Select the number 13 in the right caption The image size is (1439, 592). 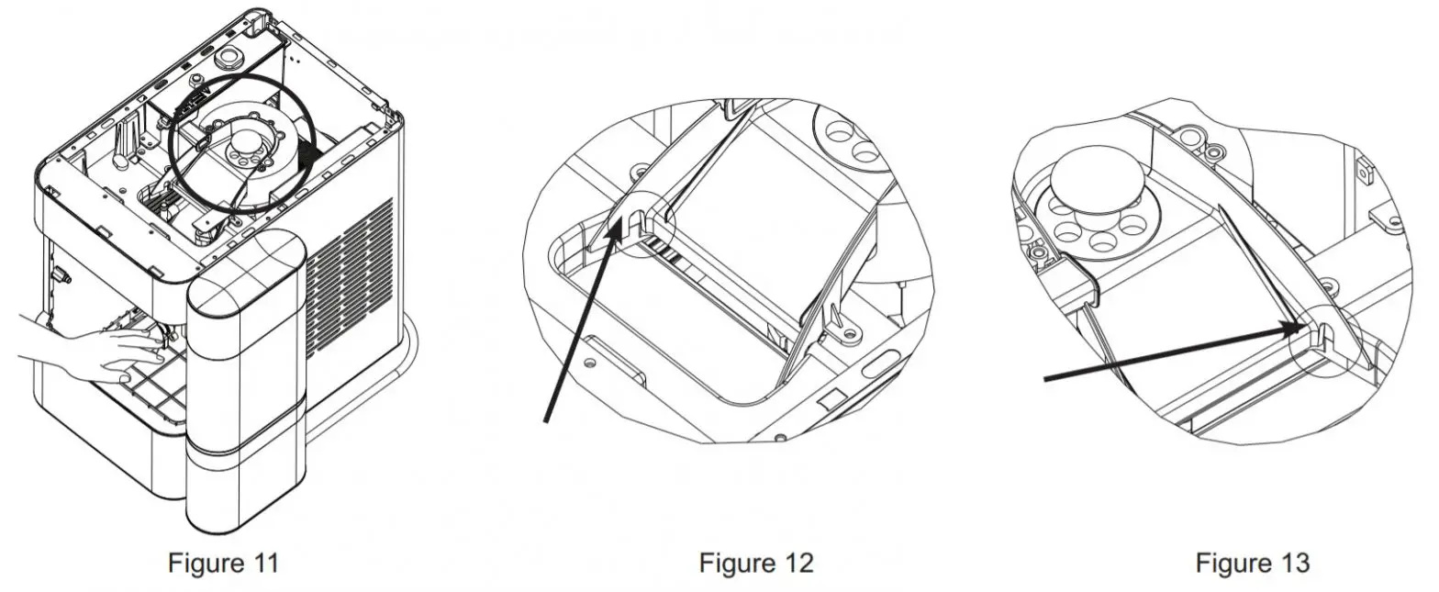pos(1292,563)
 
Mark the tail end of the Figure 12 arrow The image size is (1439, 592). pos(545,421)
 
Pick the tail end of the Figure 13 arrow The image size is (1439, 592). pos(1044,379)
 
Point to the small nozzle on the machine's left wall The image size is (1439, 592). pos(62,275)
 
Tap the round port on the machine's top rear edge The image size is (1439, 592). pos(229,59)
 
